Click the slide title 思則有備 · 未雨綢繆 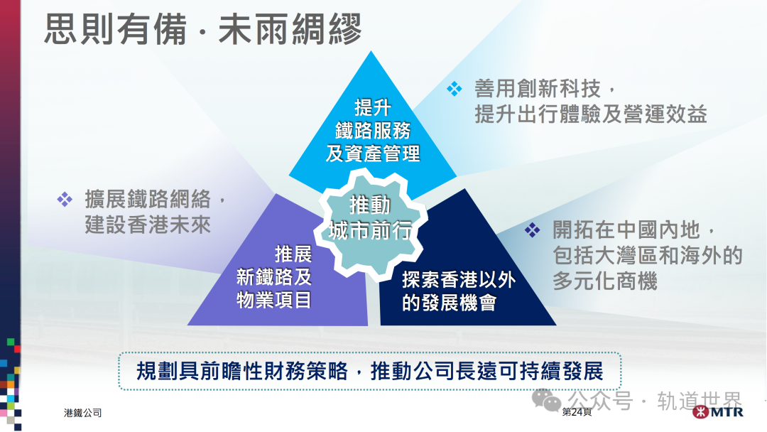pos(203,30)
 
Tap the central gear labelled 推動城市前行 pos(370,218)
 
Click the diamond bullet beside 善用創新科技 pos(454,89)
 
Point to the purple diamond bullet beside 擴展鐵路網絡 pos(65,199)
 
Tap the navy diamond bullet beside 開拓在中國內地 pos(533,229)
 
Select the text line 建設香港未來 pos(148,225)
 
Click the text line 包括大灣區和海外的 pos(647,255)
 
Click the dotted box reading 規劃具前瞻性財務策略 pos(369,371)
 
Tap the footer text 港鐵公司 pos(82,413)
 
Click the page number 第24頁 pos(576,413)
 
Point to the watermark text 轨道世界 pos(700,401)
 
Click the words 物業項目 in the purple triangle pos(274,300)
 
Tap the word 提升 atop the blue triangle pos(373,107)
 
